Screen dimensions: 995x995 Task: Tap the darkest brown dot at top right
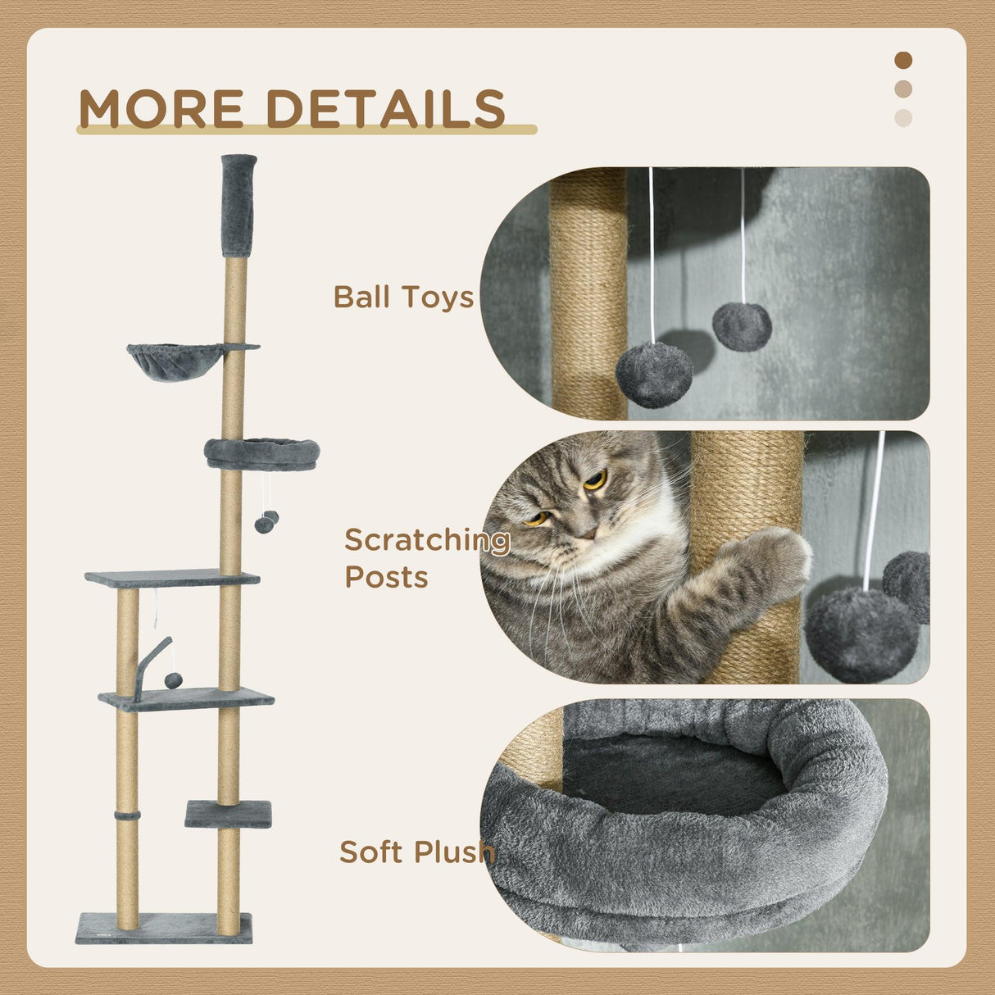pos(903,60)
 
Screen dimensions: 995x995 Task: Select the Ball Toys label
pos(403,297)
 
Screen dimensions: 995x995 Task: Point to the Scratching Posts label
pos(426,558)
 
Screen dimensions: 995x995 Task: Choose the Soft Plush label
pos(417,852)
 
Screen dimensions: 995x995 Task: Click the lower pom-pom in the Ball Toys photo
pos(654,375)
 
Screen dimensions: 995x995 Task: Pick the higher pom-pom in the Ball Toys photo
pos(742,326)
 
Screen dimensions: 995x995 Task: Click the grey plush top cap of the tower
pos(239,205)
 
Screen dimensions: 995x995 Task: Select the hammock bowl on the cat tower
pos(175,361)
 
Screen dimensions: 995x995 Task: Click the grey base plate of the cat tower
pos(164,928)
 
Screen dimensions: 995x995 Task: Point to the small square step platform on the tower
pos(228,813)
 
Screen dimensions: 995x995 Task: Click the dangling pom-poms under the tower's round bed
pos(266,522)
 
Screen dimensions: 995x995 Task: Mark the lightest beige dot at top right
pos(903,117)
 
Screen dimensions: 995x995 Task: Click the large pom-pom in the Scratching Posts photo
pos(861,633)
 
